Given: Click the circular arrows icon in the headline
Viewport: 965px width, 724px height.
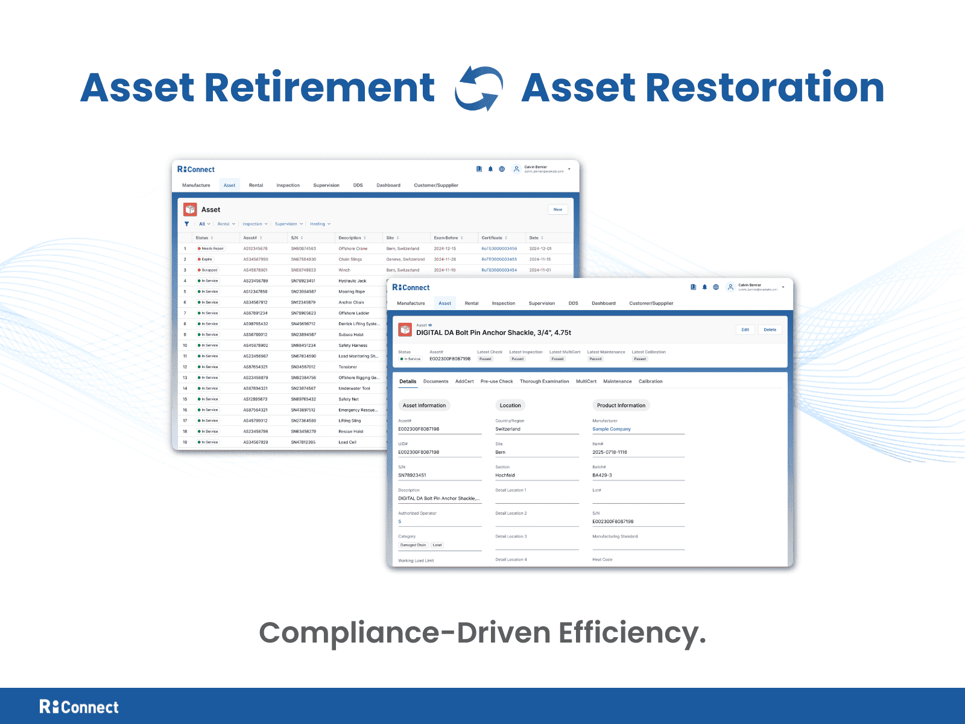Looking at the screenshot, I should click(x=479, y=88).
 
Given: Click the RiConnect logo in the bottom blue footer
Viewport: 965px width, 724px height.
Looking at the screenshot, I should click(x=79, y=707).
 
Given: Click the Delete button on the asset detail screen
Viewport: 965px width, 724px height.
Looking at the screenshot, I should click(x=770, y=329).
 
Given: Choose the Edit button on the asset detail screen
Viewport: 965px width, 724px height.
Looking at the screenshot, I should click(x=745, y=329).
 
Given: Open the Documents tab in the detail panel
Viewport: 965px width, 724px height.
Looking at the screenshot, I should click(x=435, y=381).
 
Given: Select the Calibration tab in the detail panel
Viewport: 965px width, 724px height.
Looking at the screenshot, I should click(x=650, y=381).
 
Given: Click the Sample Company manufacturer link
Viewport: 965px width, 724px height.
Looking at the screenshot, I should click(x=612, y=429).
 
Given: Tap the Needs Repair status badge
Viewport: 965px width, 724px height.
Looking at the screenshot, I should click(x=210, y=249).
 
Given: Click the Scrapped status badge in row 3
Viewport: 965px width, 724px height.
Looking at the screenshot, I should click(x=208, y=270).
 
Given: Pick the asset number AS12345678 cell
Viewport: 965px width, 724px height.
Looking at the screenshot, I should click(x=255, y=249).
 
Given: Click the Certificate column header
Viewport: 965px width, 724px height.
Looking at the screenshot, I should click(x=492, y=238).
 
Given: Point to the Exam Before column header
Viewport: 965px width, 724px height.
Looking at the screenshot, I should click(x=446, y=238).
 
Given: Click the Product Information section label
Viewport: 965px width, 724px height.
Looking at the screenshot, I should click(x=621, y=405).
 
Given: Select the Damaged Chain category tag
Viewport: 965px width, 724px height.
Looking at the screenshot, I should click(x=413, y=545).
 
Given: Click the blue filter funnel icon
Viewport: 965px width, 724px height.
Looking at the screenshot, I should click(x=187, y=224).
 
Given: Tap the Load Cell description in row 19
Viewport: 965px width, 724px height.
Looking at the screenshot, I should click(x=347, y=442).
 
